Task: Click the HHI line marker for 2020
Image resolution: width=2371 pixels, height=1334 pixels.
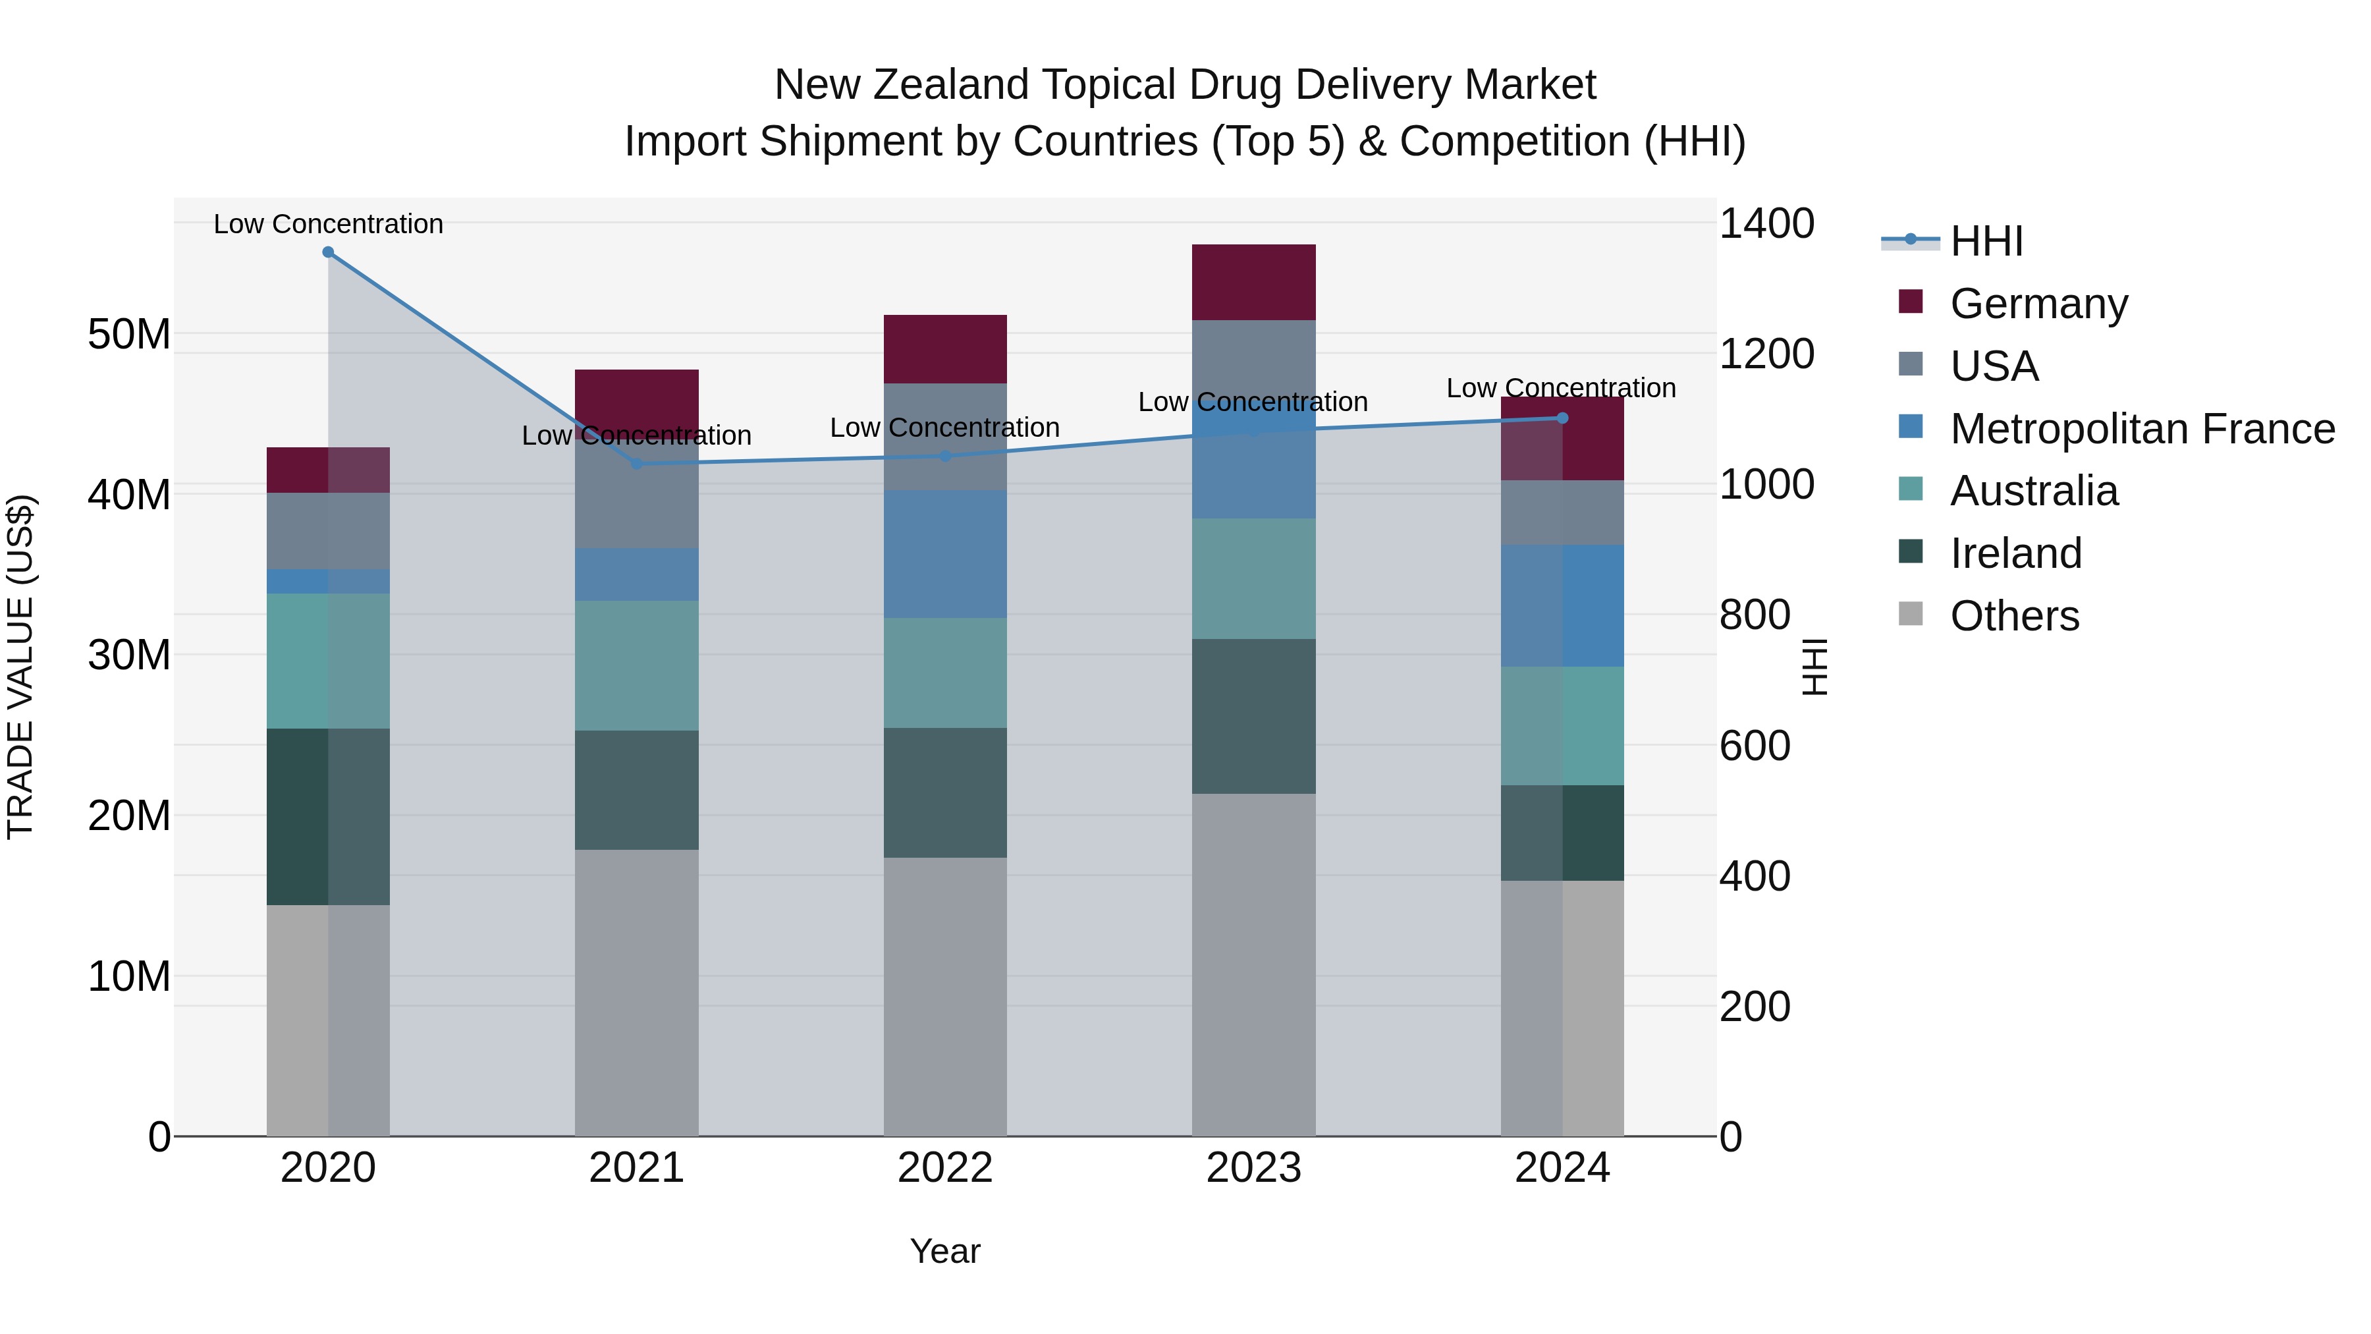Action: (x=328, y=252)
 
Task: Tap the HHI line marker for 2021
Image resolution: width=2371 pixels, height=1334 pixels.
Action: (x=636, y=463)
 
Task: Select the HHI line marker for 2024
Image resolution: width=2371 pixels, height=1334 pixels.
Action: (x=1562, y=418)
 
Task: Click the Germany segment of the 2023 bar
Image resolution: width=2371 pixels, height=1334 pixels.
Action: (x=1253, y=282)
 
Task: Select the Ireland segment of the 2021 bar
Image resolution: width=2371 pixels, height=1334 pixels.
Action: (x=636, y=790)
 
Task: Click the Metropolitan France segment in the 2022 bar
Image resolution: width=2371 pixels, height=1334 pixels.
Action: (x=945, y=553)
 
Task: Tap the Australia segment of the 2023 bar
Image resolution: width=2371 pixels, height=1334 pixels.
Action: (x=1253, y=578)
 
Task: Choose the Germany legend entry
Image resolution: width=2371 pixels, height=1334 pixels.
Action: (x=2038, y=304)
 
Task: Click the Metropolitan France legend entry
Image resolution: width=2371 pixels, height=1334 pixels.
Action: (x=2141, y=429)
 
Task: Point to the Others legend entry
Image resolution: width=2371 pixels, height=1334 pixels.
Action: (x=2014, y=616)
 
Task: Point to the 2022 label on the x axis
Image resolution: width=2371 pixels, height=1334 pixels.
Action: (x=945, y=1168)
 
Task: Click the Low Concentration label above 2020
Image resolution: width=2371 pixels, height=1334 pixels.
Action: (x=329, y=224)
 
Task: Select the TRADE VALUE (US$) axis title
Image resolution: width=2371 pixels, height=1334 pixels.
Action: (x=20, y=667)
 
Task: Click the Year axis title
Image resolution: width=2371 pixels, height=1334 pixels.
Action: (x=945, y=1251)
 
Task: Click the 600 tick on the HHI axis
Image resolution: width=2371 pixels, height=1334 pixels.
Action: (x=1755, y=746)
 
